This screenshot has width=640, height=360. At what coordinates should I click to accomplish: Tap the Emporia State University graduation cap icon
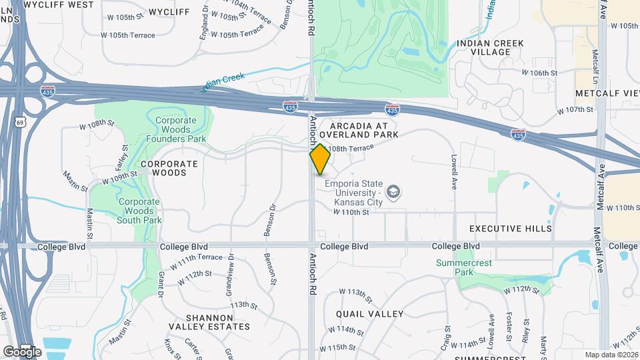click(x=394, y=193)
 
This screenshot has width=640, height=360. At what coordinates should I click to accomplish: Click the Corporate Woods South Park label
click(x=139, y=211)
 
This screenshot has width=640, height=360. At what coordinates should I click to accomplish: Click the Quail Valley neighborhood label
click(x=369, y=314)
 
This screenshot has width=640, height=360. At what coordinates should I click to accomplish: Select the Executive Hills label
click(x=511, y=229)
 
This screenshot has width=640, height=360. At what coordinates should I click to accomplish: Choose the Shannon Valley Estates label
click(x=209, y=322)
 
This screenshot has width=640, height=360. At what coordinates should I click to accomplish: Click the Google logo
click(x=21, y=351)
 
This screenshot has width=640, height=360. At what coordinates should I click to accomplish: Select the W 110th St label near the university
click(x=351, y=212)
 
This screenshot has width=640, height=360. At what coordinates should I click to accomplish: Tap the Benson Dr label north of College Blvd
click(x=273, y=220)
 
